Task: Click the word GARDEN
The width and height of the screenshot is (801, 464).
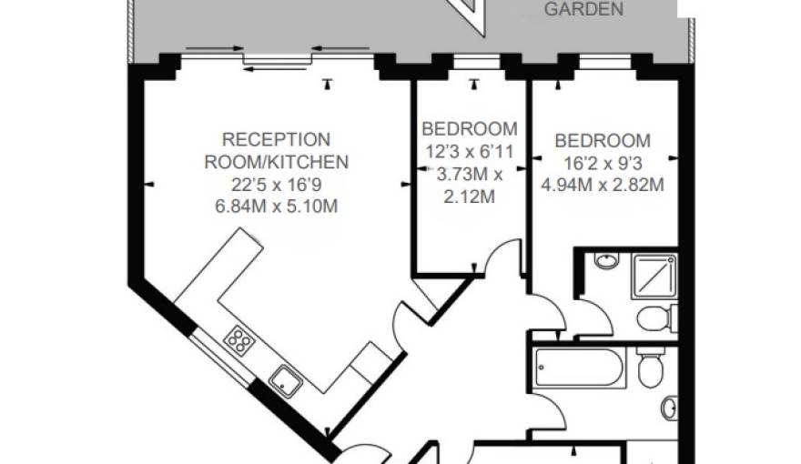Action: (x=583, y=10)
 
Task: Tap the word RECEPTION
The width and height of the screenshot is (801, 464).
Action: (x=276, y=140)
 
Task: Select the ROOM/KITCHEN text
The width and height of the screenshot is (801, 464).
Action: (x=276, y=163)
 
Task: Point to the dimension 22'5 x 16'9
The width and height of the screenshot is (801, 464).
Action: (x=276, y=185)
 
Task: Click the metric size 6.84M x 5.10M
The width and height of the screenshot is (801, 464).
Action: (x=276, y=207)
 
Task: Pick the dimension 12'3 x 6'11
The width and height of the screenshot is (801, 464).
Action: (x=470, y=150)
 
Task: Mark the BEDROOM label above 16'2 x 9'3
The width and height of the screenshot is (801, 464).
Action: (x=603, y=141)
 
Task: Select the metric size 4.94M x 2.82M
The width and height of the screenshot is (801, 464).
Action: (x=603, y=185)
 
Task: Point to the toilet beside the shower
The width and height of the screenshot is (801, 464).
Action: (x=654, y=319)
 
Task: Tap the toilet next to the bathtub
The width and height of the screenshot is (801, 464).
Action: (x=650, y=368)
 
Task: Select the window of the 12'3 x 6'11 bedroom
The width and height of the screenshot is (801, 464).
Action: (x=470, y=64)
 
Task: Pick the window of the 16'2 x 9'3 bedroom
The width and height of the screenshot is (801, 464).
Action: (x=603, y=64)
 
